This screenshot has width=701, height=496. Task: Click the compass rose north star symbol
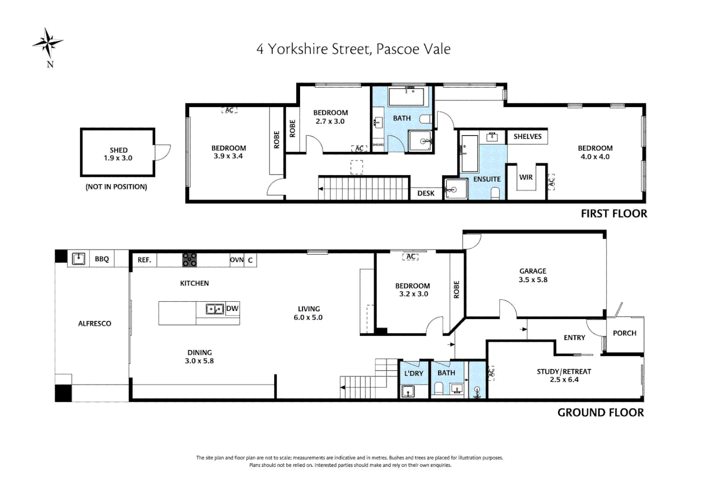point(48,43)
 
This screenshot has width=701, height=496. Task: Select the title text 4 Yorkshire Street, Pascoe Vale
point(353,49)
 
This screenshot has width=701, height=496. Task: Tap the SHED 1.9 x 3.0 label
point(118,154)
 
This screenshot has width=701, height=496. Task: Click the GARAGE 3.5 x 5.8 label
point(533,275)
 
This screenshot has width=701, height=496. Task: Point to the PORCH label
point(624,333)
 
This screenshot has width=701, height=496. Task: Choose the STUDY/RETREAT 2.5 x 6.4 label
point(564,375)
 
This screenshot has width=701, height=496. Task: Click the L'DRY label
point(413,373)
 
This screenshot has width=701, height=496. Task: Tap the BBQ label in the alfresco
point(102,259)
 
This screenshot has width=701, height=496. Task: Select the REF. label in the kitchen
point(144,260)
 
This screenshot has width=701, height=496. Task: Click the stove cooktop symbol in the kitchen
point(189,260)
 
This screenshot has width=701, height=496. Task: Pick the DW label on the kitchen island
point(232,308)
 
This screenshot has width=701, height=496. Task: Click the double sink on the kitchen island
point(214,309)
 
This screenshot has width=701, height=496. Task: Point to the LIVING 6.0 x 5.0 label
point(308,313)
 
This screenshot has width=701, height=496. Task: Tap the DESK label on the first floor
point(426,193)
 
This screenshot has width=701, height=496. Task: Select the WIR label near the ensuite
point(526,177)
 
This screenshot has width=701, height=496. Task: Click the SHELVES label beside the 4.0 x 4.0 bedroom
point(527,136)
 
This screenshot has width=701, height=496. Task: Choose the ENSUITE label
point(487,179)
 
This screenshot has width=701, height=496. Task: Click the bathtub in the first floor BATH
point(407,97)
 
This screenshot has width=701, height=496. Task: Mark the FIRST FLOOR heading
point(614,214)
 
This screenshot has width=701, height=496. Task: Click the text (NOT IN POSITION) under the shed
point(116,187)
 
